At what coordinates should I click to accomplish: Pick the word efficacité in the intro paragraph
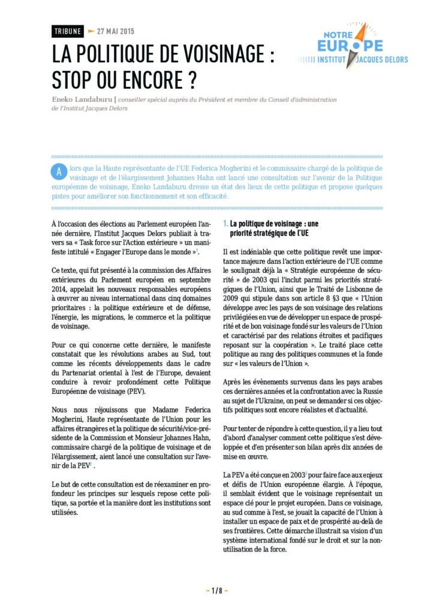[212, 196]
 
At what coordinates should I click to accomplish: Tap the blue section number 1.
[224, 224]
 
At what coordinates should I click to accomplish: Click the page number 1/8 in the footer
[216, 591]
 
